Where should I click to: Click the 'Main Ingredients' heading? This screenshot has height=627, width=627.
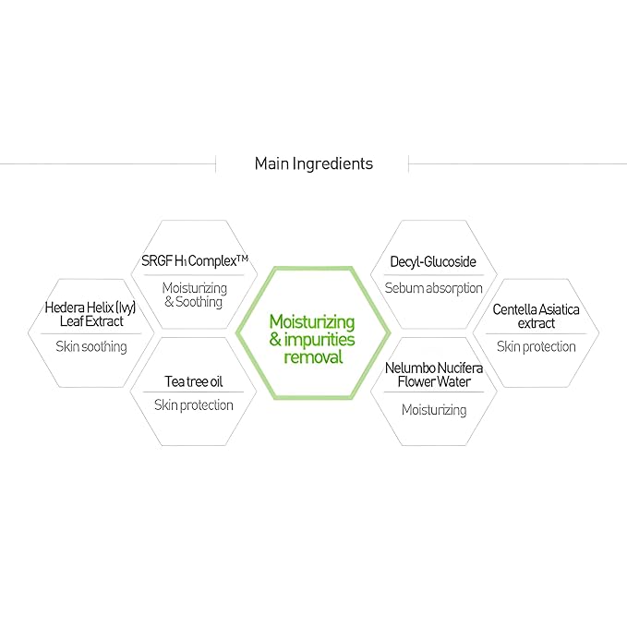click(314, 163)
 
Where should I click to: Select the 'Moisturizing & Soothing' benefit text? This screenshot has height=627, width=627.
click(194, 295)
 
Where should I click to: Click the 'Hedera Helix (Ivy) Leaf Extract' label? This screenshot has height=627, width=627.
click(90, 314)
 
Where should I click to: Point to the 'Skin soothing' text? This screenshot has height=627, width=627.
click(91, 346)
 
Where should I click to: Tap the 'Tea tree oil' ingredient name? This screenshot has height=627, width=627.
click(194, 381)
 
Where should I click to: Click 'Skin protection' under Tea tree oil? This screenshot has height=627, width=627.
click(194, 405)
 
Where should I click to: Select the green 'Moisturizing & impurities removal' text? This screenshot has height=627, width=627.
click(312, 340)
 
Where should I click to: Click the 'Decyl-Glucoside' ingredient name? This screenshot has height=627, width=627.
click(433, 262)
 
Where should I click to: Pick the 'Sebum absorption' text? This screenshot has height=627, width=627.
click(433, 288)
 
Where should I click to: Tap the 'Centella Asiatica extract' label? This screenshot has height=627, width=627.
click(536, 317)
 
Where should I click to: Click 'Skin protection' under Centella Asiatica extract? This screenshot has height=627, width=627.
click(537, 346)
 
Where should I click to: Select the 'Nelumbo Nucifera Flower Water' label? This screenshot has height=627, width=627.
click(434, 375)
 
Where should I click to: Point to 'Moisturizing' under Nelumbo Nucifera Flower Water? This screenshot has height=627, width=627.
click(434, 410)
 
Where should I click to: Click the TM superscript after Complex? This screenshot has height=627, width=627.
click(242, 259)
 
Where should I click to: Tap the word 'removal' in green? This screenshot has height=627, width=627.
click(313, 357)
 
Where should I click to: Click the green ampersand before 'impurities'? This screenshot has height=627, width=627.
click(275, 340)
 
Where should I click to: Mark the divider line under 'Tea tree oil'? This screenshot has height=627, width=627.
click(194, 392)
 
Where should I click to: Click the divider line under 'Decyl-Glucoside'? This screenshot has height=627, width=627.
click(434, 275)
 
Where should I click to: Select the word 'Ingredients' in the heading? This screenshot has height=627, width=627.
click(332, 163)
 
